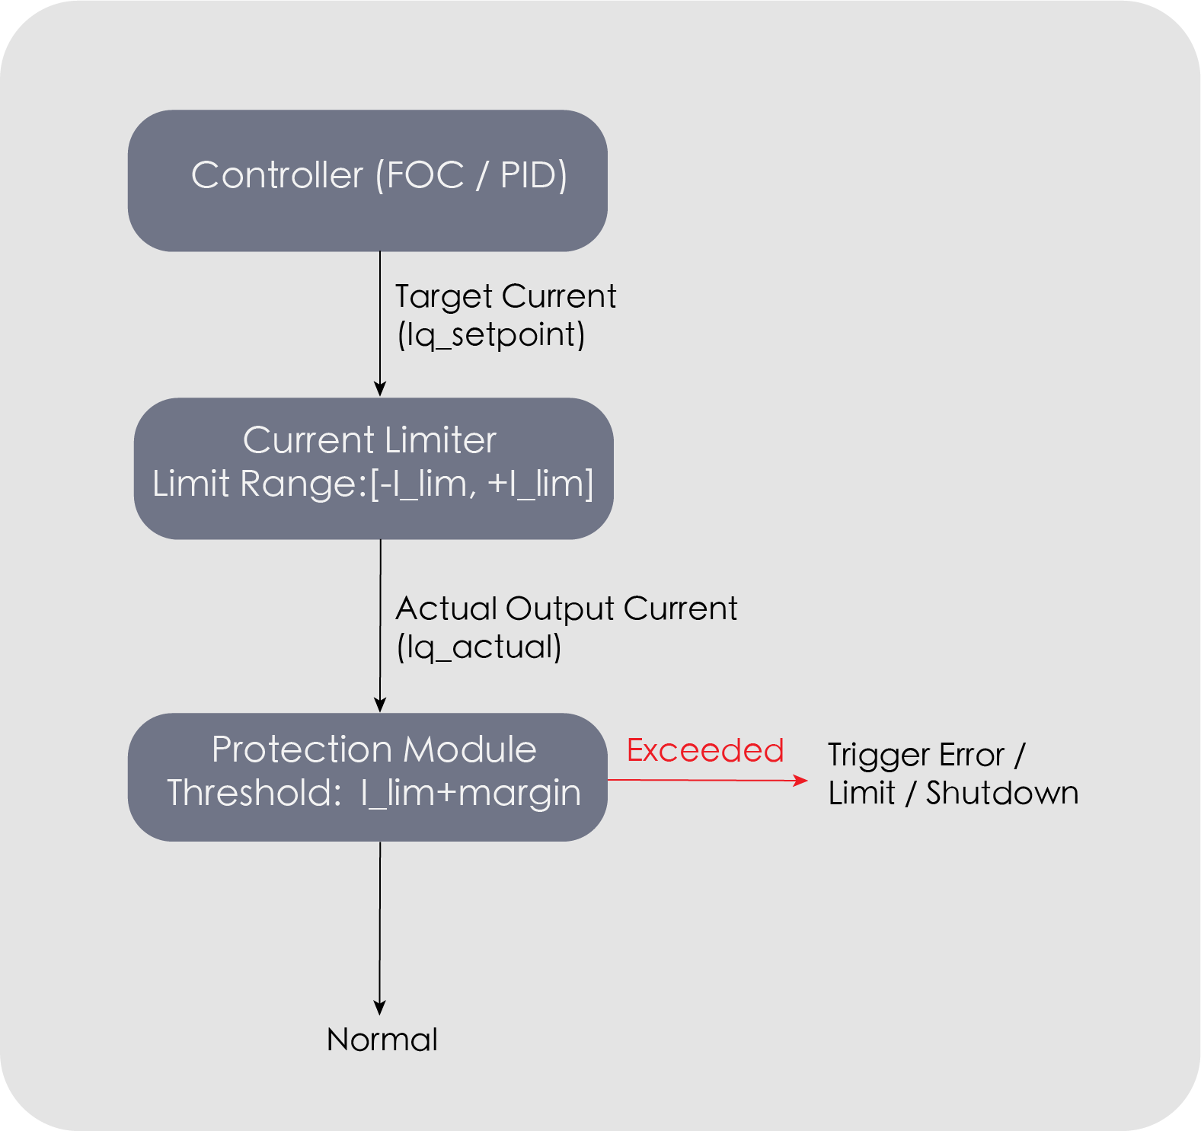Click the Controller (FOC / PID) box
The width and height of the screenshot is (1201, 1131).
point(367,181)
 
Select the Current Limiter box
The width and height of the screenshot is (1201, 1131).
point(373,468)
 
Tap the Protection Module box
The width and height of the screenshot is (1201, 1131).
point(367,776)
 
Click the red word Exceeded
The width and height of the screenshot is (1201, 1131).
point(704,751)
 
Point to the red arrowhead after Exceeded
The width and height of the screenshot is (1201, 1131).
point(800,780)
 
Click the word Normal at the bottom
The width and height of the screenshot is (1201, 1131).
point(382,1040)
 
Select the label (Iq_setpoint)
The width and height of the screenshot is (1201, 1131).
point(491,334)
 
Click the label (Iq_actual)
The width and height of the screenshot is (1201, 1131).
point(479,647)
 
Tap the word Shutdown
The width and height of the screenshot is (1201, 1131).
point(1001,793)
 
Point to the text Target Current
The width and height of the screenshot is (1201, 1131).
point(506,296)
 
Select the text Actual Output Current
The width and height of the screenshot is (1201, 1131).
point(567,609)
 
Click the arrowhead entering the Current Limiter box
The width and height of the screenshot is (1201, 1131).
point(380,389)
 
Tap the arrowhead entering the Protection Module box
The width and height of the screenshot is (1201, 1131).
point(380,704)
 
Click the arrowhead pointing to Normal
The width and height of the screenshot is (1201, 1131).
point(379,1008)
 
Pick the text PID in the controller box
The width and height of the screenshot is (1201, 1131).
point(532,175)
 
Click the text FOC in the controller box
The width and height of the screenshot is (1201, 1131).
point(425,175)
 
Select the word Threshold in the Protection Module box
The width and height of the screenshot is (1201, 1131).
point(254,793)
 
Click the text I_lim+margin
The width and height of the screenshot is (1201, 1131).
point(471,793)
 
